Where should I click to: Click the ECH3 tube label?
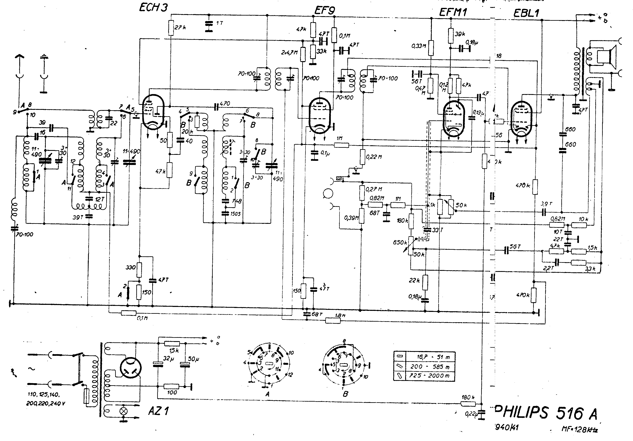click(x=153, y=7)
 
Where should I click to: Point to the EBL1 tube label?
click(x=526, y=13)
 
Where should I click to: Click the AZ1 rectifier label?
click(x=158, y=411)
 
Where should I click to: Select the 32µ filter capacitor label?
click(x=168, y=359)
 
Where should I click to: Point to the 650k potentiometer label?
click(x=400, y=242)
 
